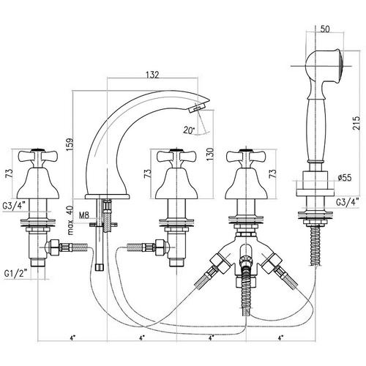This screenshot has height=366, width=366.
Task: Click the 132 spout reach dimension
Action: point(152,75)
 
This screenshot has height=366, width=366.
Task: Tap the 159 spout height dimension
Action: point(70,145)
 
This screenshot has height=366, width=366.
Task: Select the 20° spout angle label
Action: point(190,130)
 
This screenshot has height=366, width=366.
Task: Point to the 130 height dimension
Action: point(209,154)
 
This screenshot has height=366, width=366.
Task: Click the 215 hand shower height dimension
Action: point(356,123)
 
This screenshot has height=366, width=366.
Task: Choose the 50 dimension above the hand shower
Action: point(325,29)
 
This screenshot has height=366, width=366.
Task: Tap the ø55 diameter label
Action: point(345,178)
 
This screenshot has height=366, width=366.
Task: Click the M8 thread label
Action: point(84,215)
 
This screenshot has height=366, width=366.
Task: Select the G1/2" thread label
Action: point(15,274)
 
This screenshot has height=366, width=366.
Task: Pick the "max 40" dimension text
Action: point(70,220)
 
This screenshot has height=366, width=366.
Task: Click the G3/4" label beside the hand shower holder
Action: point(348,202)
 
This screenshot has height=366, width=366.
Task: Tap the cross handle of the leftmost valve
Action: point(38,157)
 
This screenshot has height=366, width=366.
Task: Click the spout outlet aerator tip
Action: point(197,108)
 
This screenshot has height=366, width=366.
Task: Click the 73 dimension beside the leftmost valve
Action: point(10,173)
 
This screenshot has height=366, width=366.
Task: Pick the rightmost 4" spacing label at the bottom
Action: point(280,338)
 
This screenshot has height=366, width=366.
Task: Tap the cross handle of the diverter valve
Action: point(246,157)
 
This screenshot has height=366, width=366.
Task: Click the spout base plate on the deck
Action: point(107,196)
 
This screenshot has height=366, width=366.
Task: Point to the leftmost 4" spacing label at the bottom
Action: point(72,338)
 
